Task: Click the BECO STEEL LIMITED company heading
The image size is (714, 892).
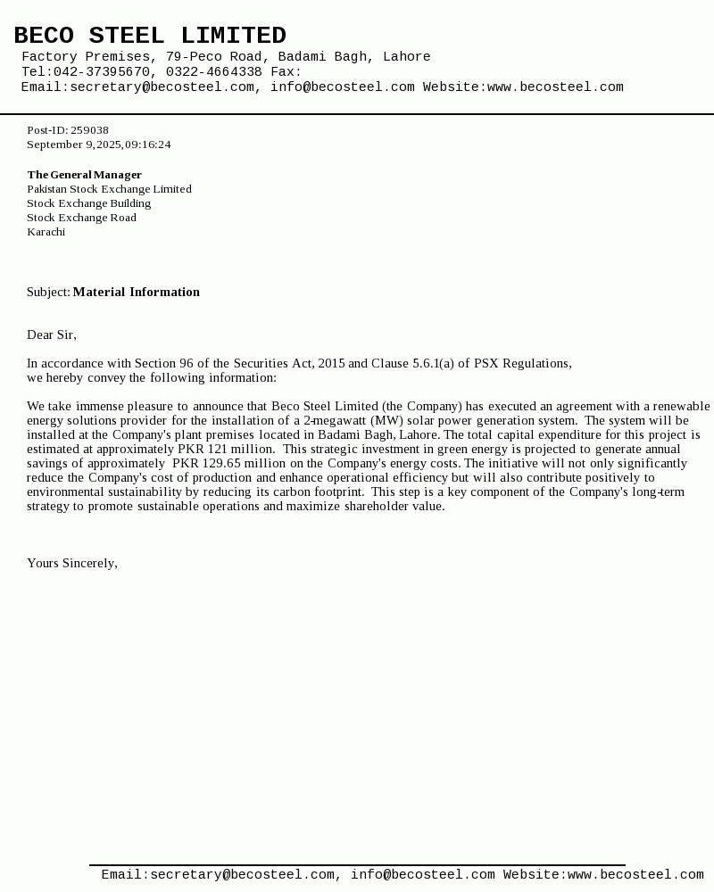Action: tap(150, 36)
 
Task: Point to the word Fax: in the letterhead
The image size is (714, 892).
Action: tap(286, 72)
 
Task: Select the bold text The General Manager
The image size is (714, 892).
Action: tap(84, 175)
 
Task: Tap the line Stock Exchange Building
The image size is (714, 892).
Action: tap(88, 203)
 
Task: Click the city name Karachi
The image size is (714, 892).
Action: tap(46, 232)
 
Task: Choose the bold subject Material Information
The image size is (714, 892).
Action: tap(137, 293)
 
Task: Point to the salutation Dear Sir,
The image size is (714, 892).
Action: tap(52, 335)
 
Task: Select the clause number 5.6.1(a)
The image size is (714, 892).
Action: tap(433, 364)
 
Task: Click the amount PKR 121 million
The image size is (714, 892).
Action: tap(226, 450)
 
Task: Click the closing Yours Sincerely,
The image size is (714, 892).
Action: tap(72, 564)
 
